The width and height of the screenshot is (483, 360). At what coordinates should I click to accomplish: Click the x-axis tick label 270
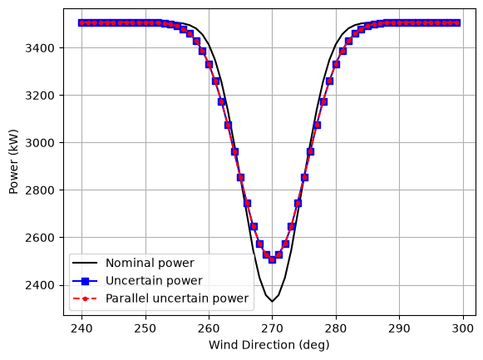[x=273, y=328]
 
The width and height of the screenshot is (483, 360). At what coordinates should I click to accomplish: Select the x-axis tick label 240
[x=81, y=328]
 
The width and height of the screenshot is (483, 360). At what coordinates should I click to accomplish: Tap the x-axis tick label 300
[x=463, y=328]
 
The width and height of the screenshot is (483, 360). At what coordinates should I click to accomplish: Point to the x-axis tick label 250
[x=145, y=328]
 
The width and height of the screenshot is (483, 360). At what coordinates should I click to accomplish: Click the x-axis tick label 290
[x=400, y=328]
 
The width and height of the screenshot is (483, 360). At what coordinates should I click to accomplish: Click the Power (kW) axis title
[x=13, y=161]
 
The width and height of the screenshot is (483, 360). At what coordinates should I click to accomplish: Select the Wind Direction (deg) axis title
[x=269, y=345]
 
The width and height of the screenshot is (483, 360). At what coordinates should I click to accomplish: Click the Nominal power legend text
[x=150, y=263]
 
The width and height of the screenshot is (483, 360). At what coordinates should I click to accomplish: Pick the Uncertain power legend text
[x=154, y=280]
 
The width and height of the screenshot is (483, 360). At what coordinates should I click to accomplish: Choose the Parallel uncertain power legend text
[x=177, y=298]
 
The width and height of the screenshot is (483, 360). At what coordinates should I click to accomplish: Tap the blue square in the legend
[x=85, y=280]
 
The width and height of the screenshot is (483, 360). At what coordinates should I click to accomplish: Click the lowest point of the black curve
[x=272, y=302]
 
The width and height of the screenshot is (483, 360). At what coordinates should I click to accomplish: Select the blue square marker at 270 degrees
[x=272, y=259]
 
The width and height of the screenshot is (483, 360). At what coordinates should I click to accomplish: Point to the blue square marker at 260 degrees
[x=209, y=64]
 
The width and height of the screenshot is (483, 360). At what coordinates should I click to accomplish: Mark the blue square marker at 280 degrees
[x=336, y=64]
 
